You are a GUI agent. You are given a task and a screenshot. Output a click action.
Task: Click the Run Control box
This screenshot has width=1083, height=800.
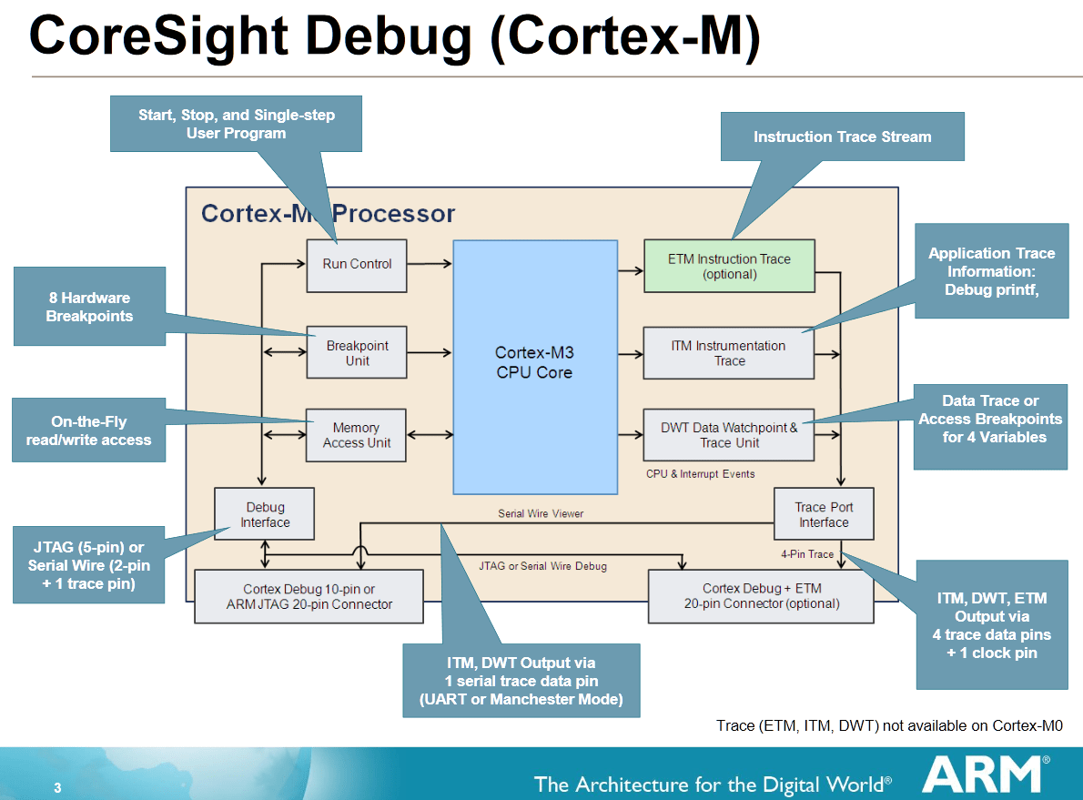(357, 264)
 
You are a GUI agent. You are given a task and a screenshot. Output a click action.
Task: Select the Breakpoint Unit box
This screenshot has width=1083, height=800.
(357, 353)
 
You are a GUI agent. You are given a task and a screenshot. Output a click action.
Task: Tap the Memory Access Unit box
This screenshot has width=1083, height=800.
(357, 435)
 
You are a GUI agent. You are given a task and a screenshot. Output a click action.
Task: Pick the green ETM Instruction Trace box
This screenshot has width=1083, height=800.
(729, 266)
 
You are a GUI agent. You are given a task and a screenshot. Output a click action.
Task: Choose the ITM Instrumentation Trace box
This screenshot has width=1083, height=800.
(729, 353)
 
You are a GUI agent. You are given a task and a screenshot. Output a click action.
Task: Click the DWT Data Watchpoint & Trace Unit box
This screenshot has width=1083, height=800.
(729, 435)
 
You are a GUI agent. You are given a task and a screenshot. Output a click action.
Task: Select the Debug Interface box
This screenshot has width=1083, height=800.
(265, 514)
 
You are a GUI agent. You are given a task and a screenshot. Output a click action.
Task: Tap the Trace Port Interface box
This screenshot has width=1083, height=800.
(823, 514)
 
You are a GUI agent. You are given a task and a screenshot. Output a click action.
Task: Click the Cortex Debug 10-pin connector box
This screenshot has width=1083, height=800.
(309, 596)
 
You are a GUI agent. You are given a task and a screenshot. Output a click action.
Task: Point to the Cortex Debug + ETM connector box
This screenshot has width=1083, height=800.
(761, 596)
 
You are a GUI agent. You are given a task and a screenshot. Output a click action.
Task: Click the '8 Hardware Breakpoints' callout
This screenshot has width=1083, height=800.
(89, 307)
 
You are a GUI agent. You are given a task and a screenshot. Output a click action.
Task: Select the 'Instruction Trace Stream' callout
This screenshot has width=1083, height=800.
(842, 137)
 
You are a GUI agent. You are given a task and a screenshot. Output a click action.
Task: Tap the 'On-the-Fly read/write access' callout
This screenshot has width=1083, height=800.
(89, 430)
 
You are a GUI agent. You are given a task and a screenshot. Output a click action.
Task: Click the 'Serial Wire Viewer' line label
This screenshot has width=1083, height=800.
(541, 513)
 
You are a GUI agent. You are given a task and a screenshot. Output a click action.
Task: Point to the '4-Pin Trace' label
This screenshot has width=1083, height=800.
(806, 553)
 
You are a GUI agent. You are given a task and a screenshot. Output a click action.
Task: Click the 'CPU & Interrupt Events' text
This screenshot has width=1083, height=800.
(700, 474)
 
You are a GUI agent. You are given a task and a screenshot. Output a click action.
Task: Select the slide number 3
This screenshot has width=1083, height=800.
(57, 788)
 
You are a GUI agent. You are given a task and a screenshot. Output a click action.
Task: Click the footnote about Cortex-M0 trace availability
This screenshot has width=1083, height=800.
(889, 725)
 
